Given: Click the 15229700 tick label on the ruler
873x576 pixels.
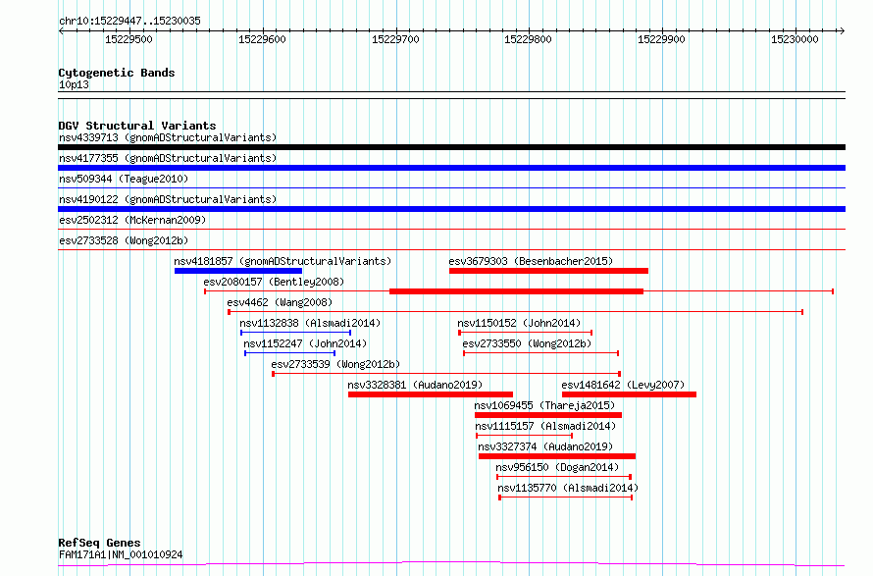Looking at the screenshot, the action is click(395, 39).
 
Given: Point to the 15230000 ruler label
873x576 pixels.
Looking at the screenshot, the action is click(795, 39).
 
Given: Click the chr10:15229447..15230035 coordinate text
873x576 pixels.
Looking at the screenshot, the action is click(129, 22).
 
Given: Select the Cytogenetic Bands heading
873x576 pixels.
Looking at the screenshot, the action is click(117, 73).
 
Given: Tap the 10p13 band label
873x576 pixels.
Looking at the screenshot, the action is click(74, 84).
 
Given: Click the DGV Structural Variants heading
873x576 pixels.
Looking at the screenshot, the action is click(137, 126).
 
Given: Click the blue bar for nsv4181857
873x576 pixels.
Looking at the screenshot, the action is click(238, 271).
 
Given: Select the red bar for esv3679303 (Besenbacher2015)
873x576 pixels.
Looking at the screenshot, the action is click(548, 271).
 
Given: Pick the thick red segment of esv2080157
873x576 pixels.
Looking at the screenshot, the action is click(516, 291).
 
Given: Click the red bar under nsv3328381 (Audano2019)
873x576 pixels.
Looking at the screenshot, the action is click(431, 394).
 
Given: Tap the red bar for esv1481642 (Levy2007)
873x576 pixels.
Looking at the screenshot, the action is click(629, 394).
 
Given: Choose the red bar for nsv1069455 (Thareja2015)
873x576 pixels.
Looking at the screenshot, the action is click(548, 415).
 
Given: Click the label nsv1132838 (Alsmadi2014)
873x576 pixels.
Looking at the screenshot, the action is click(310, 323).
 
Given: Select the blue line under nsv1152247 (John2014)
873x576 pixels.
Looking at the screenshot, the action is click(289, 353).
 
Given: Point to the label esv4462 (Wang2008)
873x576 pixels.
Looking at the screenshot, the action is click(280, 302).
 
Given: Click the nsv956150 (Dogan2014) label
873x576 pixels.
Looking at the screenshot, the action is click(557, 467).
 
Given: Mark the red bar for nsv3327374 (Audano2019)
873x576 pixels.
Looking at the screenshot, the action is click(557, 456).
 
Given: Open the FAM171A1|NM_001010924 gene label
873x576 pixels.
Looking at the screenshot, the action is click(121, 554).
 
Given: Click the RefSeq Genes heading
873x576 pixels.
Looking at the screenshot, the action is click(100, 543).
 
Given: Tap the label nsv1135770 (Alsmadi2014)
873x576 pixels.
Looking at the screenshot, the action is click(568, 488).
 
